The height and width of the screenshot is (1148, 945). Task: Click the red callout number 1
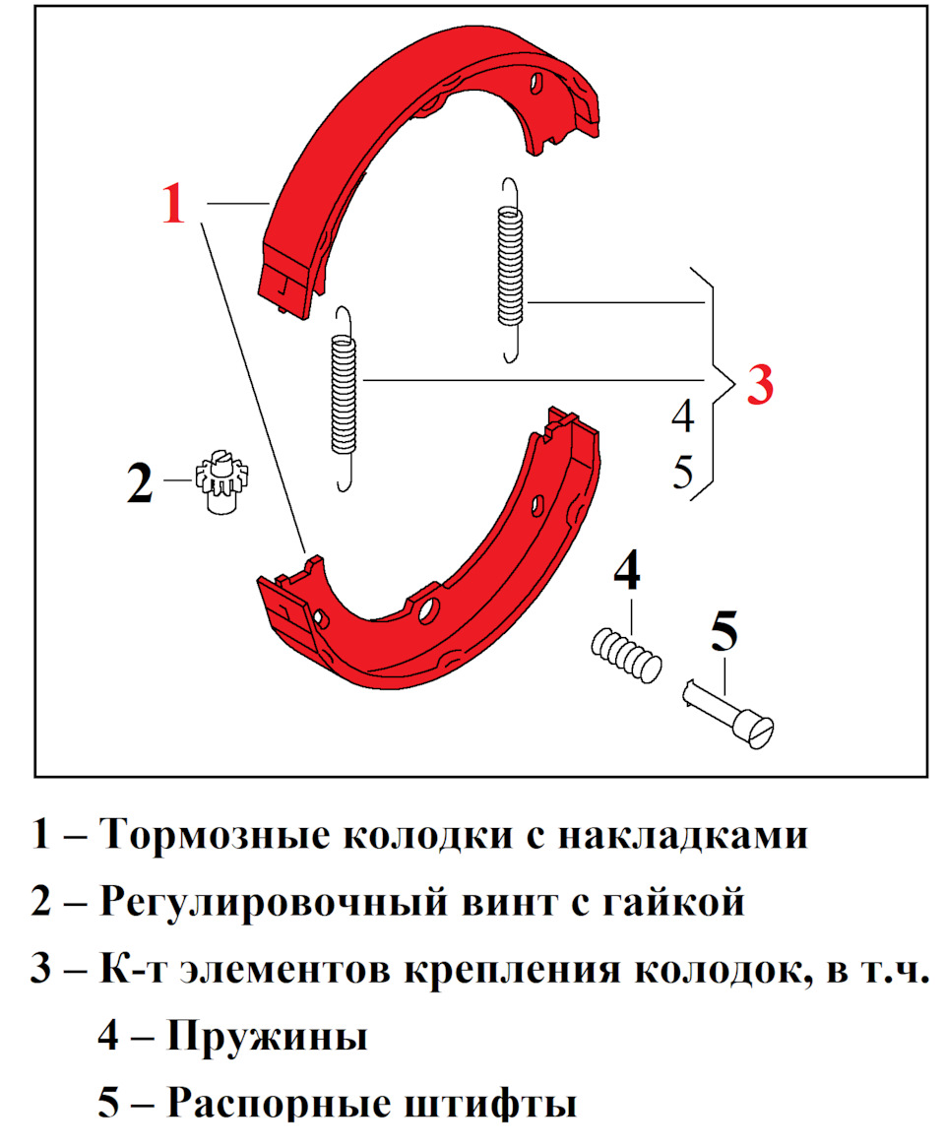tap(173, 205)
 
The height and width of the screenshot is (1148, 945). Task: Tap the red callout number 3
tap(760, 384)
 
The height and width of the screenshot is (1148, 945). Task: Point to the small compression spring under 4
tap(626, 652)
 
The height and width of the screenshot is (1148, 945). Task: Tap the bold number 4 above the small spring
tap(627, 571)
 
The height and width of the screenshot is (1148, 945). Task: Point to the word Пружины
tap(267, 1036)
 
